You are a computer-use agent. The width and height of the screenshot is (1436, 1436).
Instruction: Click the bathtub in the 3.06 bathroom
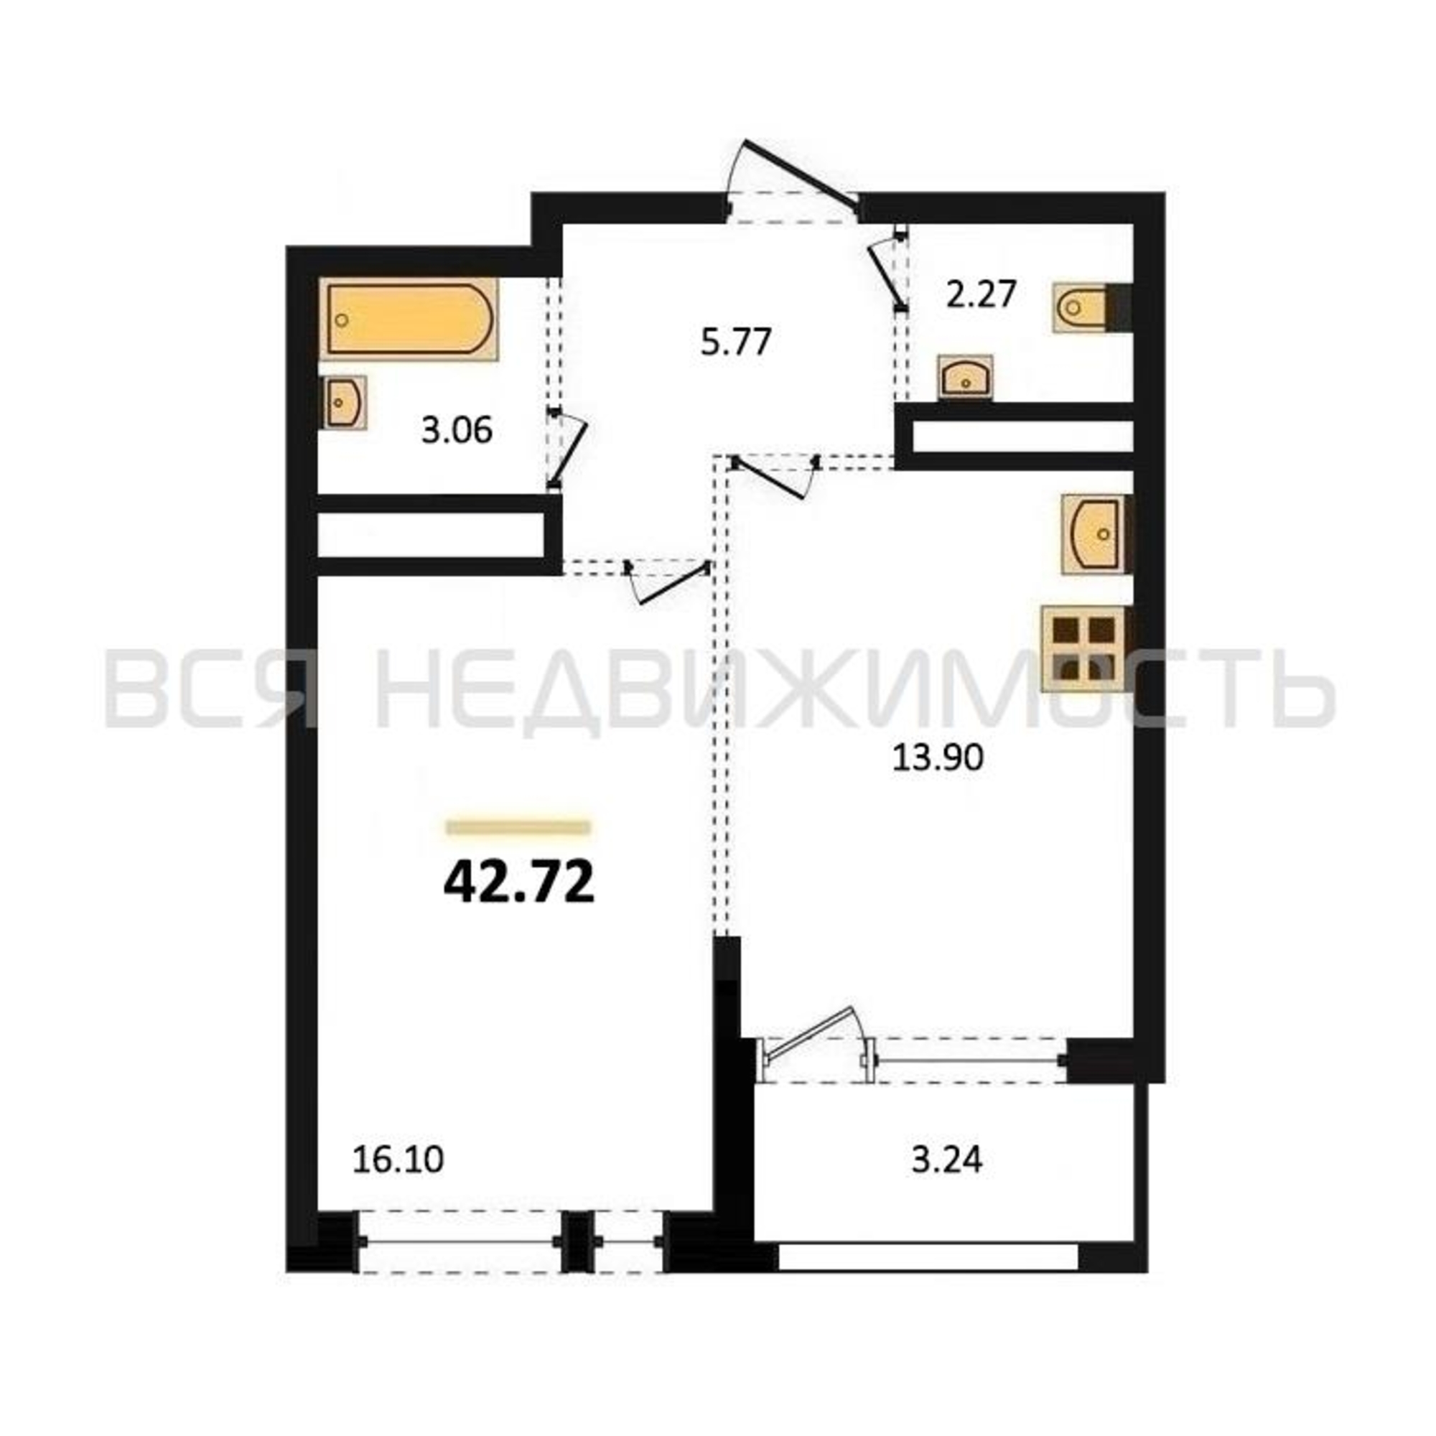[410, 320]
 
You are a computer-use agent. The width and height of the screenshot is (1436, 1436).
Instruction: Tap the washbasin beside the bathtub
[343, 402]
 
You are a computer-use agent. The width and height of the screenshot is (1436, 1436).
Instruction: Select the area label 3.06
[457, 430]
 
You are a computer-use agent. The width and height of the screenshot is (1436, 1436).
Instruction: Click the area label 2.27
[980, 295]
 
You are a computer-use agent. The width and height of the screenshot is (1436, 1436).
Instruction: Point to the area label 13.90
[937, 758]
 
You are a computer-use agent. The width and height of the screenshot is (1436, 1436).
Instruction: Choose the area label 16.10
[398, 1160]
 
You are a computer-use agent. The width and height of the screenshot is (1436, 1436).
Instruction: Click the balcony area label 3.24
[947, 1160]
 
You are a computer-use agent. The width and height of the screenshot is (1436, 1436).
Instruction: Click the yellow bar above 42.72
[518, 827]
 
